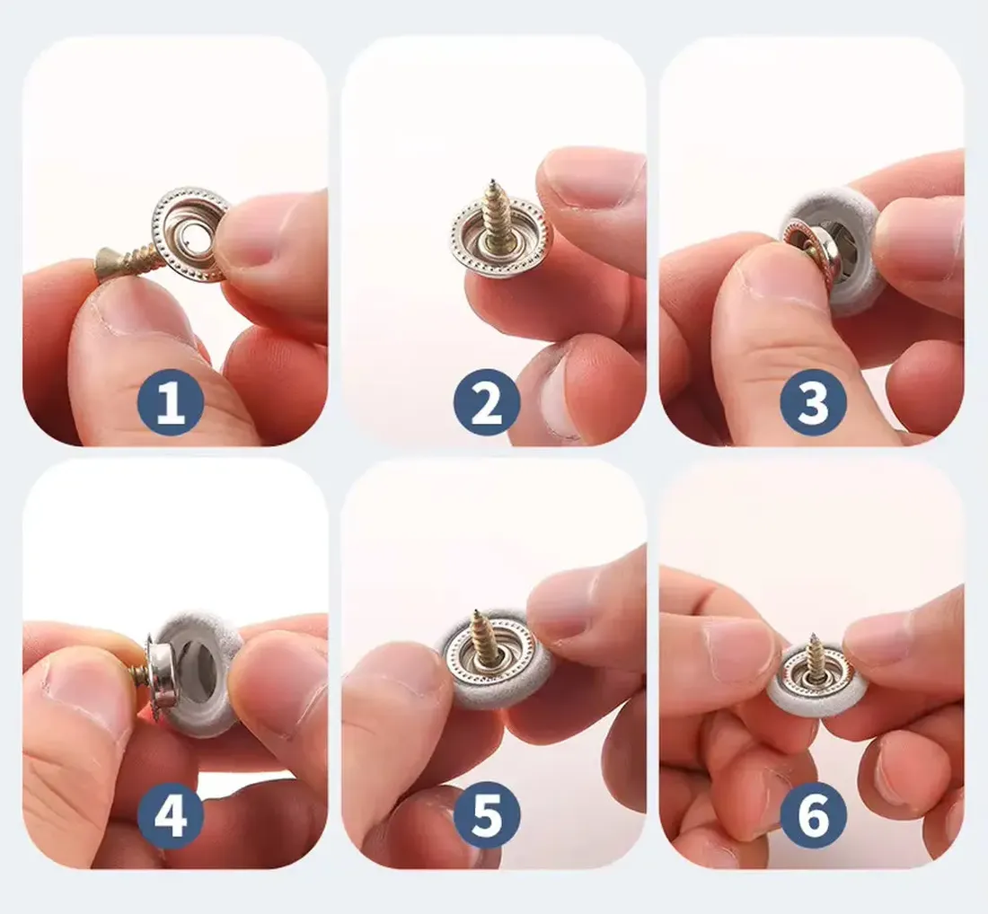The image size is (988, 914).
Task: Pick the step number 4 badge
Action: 171,820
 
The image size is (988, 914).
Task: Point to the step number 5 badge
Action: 486,820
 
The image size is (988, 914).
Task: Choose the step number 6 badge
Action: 813,820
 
